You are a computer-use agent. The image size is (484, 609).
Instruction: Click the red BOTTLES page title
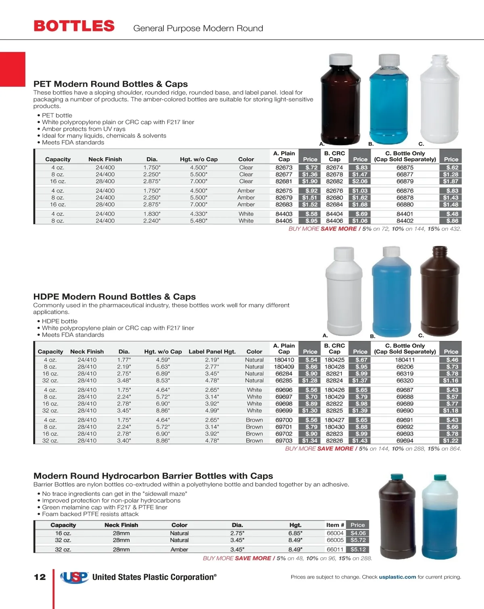click(74, 26)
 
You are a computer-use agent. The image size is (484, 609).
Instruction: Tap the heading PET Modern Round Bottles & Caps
click(111, 84)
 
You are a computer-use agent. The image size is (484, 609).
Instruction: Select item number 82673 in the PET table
click(284, 168)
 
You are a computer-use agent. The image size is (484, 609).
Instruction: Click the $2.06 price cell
click(360, 181)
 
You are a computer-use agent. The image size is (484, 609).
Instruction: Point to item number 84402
click(405, 221)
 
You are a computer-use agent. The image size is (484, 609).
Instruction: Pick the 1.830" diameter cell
click(152, 214)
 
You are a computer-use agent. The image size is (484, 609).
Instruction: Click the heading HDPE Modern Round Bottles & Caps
click(115, 297)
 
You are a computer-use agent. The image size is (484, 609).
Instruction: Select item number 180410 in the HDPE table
click(284, 360)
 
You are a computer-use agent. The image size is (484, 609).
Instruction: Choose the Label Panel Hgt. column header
click(212, 352)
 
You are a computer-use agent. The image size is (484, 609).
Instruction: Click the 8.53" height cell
click(163, 380)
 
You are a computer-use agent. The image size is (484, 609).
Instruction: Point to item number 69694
click(405, 441)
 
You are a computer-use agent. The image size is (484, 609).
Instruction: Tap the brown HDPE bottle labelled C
click(439, 295)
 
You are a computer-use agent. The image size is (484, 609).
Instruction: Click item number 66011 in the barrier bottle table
click(335, 549)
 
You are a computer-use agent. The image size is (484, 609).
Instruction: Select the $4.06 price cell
click(358, 533)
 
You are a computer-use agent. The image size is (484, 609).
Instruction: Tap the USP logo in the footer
click(75, 577)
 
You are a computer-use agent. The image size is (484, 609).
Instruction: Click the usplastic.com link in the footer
click(397, 577)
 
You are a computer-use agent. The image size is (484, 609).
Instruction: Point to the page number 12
click(40, 577)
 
